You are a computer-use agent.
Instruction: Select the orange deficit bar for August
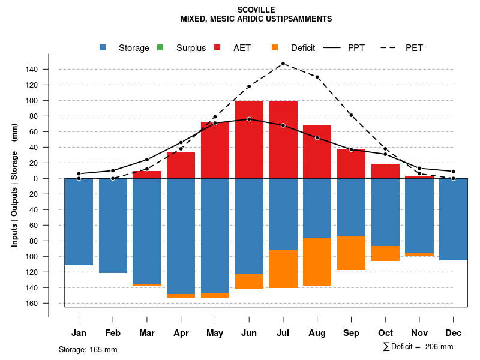(317, 262)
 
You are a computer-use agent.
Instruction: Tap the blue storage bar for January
(79, 221)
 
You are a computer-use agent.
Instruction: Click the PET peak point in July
(283, 64)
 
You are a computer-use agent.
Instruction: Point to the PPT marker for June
(249, 119)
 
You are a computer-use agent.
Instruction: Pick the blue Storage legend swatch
(103, 48)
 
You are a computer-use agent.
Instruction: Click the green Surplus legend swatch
(160, 48)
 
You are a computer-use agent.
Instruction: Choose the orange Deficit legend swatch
(275, 48)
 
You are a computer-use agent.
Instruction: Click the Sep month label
(351, 333)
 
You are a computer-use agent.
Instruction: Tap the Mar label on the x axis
(147, 333)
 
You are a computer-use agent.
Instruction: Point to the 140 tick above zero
(32, 70)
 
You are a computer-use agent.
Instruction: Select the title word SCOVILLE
(256, 10)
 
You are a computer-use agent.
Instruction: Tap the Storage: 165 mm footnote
(88, 349)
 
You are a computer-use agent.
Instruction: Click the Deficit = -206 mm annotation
(418, 347)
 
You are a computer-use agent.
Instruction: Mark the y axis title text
(14, 185)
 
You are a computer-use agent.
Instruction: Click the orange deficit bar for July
(283, 269)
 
